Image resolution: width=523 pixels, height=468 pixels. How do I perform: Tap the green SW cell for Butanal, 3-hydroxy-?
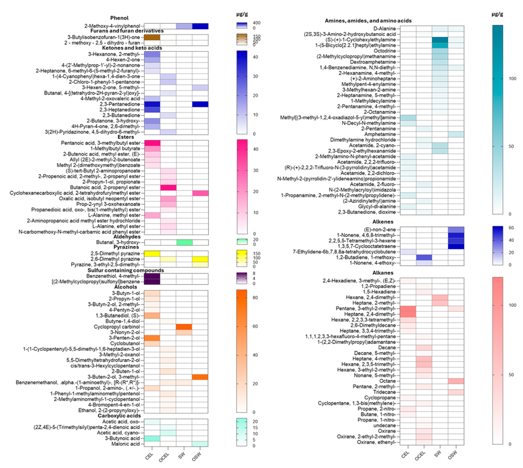(x=184, y=242)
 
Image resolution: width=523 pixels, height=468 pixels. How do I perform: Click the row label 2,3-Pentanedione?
(x=120, y=104)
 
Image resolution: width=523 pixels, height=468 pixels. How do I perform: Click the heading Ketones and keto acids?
(x=132, y=48)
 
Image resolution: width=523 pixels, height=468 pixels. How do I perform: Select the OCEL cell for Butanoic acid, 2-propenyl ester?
(x=168, y=187)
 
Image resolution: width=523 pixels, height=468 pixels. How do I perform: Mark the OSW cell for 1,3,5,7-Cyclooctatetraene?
(x=456, y=246)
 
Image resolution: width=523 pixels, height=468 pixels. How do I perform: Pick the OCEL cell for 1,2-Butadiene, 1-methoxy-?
(x=424, y=257)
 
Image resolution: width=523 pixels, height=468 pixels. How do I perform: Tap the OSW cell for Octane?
(x=456, y=381)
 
